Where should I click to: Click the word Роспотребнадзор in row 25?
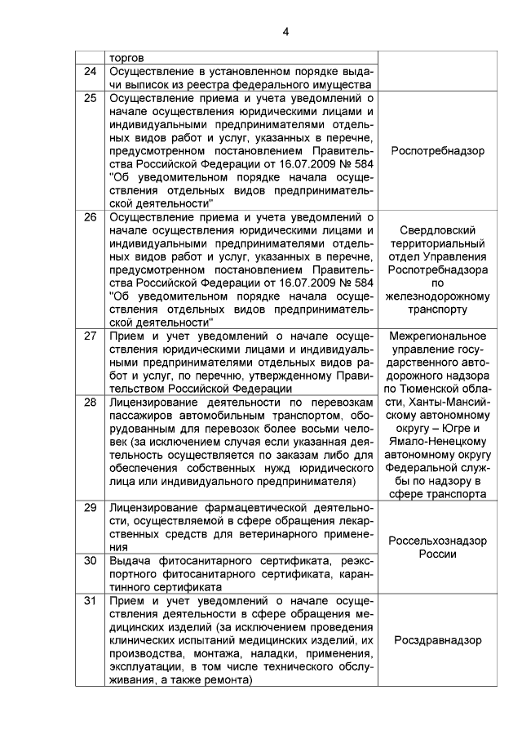pyautogui.click(x=437, y=151)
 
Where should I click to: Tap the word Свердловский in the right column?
pyautogui.click(x=438, y=230)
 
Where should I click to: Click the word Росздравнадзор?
pyautogui.click(x=437, y=640)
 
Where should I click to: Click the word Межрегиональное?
pyautogui.click(x=438, y=336)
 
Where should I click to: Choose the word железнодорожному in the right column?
pyautogui.click(x=438, y=296)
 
